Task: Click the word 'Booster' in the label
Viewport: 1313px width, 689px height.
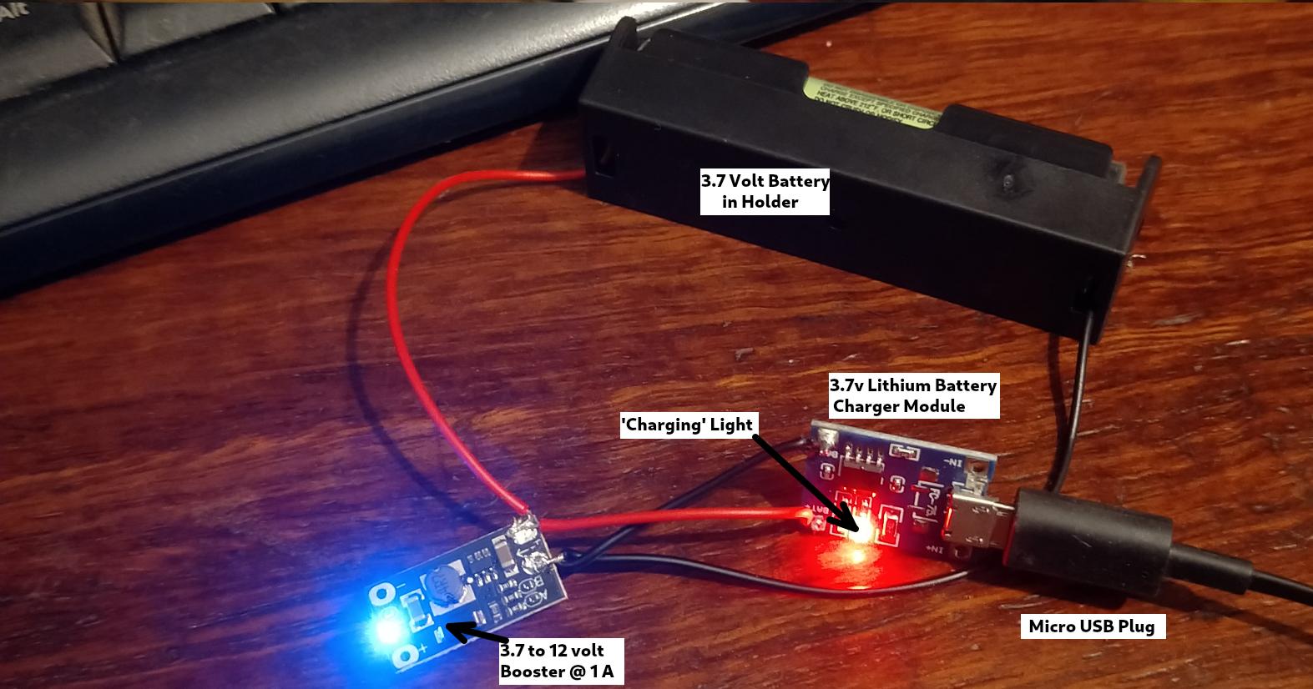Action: [528, 671]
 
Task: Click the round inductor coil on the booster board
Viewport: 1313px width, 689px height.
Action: [442, 588]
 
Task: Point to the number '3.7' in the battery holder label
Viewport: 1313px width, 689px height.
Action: [715, 181]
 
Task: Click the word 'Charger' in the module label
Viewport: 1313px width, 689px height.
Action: [864, 406]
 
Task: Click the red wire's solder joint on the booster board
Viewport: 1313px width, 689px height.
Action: [526, 526]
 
